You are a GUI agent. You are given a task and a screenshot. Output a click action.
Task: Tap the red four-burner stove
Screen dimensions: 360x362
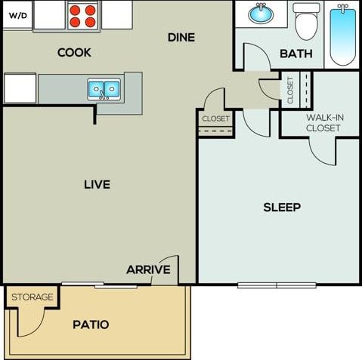click(x=83, y=16)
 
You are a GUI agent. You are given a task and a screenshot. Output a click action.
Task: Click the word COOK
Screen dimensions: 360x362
click(x=74, y=53)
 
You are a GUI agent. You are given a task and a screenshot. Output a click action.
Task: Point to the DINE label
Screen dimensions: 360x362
click(x=181, y=37)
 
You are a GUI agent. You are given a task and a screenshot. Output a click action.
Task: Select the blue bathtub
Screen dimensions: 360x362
click(x=342, y=35)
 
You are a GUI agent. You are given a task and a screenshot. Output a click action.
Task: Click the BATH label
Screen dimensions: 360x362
click(x=296, y=54)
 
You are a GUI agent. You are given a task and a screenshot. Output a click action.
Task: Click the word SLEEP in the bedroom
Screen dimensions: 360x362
click(x=282, y=207)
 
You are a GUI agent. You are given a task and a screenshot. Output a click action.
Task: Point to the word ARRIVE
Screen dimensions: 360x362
click(x=148, y=269)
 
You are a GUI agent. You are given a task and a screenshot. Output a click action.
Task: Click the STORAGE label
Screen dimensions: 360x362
click(x=32, y=297)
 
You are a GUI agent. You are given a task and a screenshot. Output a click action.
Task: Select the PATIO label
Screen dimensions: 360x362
click(x=91, y=325)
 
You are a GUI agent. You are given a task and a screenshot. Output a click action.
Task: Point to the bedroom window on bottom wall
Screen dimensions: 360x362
click(x=277, y=285)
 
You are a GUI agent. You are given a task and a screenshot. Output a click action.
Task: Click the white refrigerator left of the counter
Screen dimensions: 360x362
click(x=20, y=88)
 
